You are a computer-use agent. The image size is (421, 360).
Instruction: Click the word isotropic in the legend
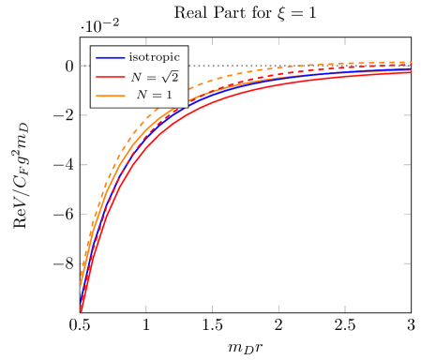point(154,57)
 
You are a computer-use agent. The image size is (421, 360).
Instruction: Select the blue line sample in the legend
point(111,58)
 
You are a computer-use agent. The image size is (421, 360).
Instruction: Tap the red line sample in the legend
point(111,76)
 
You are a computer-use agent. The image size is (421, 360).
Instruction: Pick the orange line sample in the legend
point(111,95)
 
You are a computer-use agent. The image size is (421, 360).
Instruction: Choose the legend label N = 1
point(154,95)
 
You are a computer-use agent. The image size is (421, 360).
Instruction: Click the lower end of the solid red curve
point(82,309)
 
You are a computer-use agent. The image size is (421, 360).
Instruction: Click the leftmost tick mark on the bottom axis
point(146,307)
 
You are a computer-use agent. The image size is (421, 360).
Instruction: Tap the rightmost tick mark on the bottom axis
point(345,307)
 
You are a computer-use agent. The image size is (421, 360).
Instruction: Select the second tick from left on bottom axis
point(213,307)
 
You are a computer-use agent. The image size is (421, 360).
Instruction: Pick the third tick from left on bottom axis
point(278,307)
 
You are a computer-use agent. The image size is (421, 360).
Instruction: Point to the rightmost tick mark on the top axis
point(345,42)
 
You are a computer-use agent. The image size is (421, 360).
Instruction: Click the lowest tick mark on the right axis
point(407,263)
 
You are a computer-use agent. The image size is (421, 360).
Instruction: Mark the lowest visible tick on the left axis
point(84,263)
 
